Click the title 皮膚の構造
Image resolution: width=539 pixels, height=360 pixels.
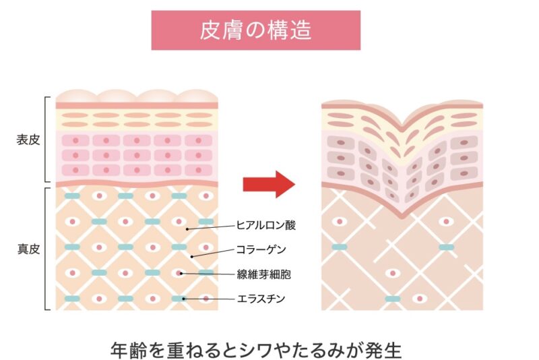(x=255, y=31)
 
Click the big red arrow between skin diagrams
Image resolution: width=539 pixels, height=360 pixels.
(x=268, y=183)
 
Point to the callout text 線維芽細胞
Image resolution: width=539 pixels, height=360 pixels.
(x=263, y=274)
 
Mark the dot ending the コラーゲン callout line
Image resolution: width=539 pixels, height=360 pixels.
(x=192, y=257)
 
